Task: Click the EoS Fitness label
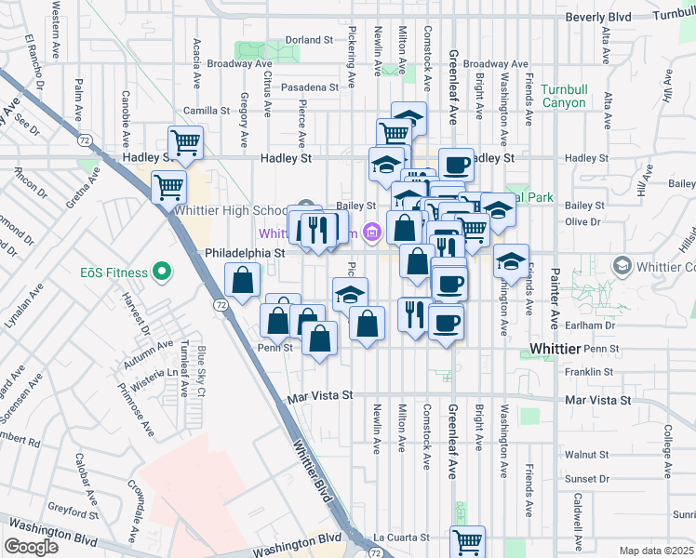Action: pyautogui.click(x=113, y=272)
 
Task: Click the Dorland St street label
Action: pyautogui.click(x=309, y=40)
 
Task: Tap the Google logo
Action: pyautogui.click(x=31, y=546)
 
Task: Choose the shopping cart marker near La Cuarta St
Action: pyautogui.click(x=467, y=541)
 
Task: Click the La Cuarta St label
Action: pyautogui.click(x=401, y=538)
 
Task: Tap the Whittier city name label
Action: pyautogui.click(x=555, y=348)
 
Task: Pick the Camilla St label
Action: pyautogui.click(x=206, y=110)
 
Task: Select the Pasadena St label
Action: pyautogui.click(x=311, y=87)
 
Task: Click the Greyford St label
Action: pyautogui.click(x=75, y=512)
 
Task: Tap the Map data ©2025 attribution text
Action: pyautogui.click(x=656, y=551)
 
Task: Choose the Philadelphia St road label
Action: pyautogui.click(x=244, y=252)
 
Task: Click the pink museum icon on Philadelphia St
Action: pyautogui.click(x=372, y=232)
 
